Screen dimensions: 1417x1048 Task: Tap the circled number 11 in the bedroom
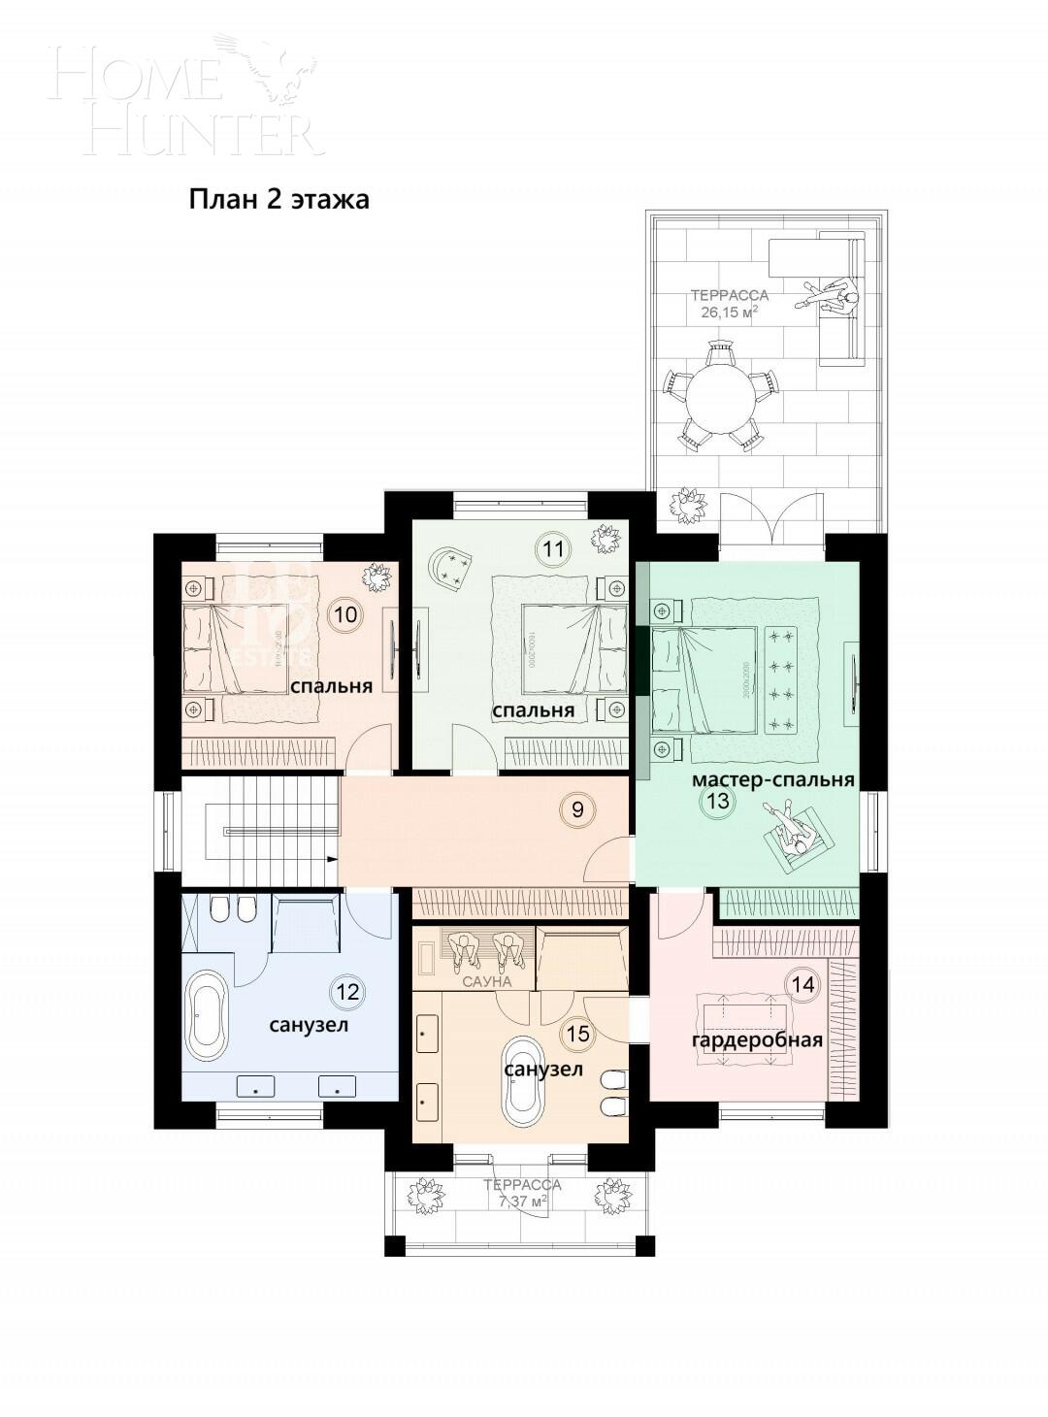tap(553, 549)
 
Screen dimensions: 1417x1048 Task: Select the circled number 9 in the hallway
tap(577, 808)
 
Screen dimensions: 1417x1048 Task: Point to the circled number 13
tap(719, 802)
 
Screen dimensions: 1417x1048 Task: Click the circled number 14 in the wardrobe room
tap(802, 984)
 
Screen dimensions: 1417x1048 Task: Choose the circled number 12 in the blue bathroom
tap(347, 991)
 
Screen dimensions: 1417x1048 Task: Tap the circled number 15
tap(577, 1034)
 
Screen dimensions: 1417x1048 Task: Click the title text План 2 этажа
tap(278, 200)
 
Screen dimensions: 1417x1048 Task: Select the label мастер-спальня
tap(772, 779)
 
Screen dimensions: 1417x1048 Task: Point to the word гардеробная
tap(757, 1040)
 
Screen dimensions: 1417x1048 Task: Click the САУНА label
tap(486, 981)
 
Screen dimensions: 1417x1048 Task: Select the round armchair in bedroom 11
tap(452, 568)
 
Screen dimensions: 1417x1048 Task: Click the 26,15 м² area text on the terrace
tap(729, 313)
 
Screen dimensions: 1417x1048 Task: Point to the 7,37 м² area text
tap(522, 1201)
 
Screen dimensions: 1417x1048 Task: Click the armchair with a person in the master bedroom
tap(797, 837)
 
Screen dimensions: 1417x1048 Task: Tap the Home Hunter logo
tap(184, 97)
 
